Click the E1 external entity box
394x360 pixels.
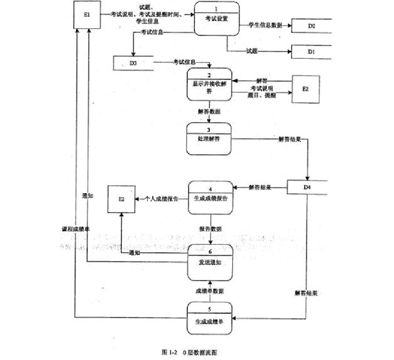point(87,15)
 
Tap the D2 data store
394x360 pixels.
point(311,26)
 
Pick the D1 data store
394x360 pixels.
point(311,52)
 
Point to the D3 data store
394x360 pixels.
point(133,63)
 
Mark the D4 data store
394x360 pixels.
point(307,187)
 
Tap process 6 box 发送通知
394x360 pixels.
point(210,262)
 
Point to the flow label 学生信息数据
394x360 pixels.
point(265,26)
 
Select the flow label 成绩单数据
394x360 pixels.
point(209,291)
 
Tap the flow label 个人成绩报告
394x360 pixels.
point(161,199)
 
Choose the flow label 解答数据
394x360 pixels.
point(209,112)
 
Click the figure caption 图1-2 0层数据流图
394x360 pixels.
point(190,352)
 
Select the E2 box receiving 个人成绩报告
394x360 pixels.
point(121,199)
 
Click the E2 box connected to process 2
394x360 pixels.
point(305,89)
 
